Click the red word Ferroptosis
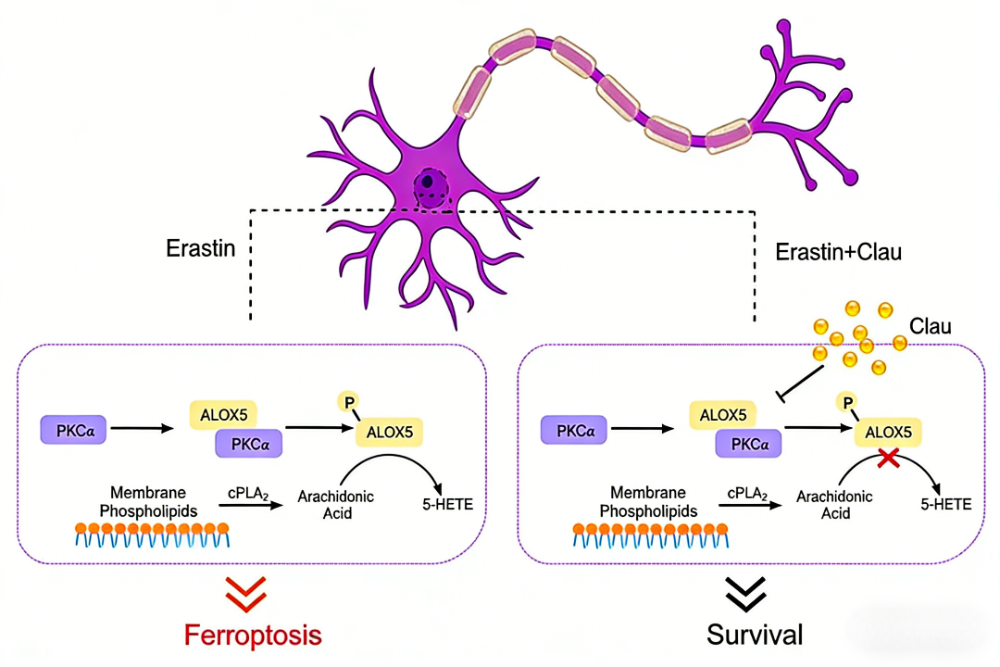tap(253, 636)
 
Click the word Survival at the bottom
tap(755, 636)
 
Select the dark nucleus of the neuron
tap(428, 182)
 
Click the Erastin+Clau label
tap(837, 252)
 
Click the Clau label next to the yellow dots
tap(930, 327)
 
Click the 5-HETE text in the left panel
tap(446, 503)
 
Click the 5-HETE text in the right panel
tap(946, 504)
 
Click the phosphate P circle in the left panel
tap(350, 400)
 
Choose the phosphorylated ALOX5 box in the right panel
tap(894, 431)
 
